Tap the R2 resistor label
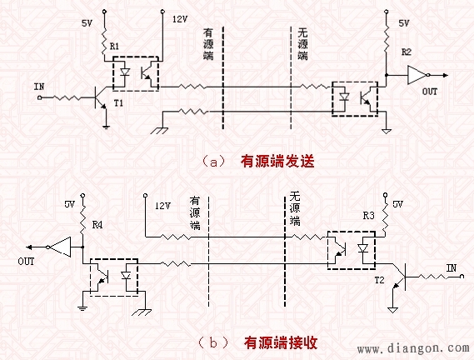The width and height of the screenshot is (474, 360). tap(406, 52)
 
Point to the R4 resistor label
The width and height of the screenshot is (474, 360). tap(97, 224)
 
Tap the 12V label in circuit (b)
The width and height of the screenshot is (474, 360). tap(162, 203)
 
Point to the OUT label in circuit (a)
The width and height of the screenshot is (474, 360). tap(430, 92)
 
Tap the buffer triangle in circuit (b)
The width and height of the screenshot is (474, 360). tap(60, 246)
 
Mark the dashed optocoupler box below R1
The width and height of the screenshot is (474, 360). tap(135, 73)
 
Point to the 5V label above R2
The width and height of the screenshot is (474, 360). tap(404, 24)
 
